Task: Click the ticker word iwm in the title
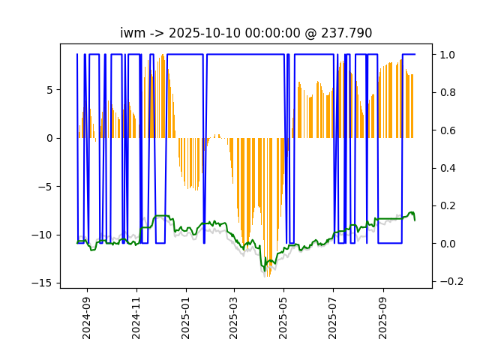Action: pyautogui.click(x=133, y=33)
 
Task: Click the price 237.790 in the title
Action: pyautogui.click(x=346, y=33)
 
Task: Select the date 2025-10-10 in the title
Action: pyautogui.click(x=204, y=33)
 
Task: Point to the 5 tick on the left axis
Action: pyautogui.click(x=49, y=90)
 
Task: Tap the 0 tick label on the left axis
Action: pyautogui.click(x=49, y=138)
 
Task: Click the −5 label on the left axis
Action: pyautogui.click(x=46, y=187)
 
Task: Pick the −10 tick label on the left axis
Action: pyautogui.click(x=42, y=235)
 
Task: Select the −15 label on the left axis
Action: pyautogui.click(x=42, y=283)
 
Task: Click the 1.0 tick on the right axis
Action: pyautogui.click(x=448, y=55)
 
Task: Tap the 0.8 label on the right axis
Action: pyautogui.click(x=448, y=92)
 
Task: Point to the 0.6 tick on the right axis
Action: pyautogui.click(x=448, y=130)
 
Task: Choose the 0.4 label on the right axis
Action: pyautogui.click(x=448, y=168)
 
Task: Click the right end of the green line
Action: pyautogui.click(x=415, y=220)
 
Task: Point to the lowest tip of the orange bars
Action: pyautogui.click(x=268, y=277)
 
